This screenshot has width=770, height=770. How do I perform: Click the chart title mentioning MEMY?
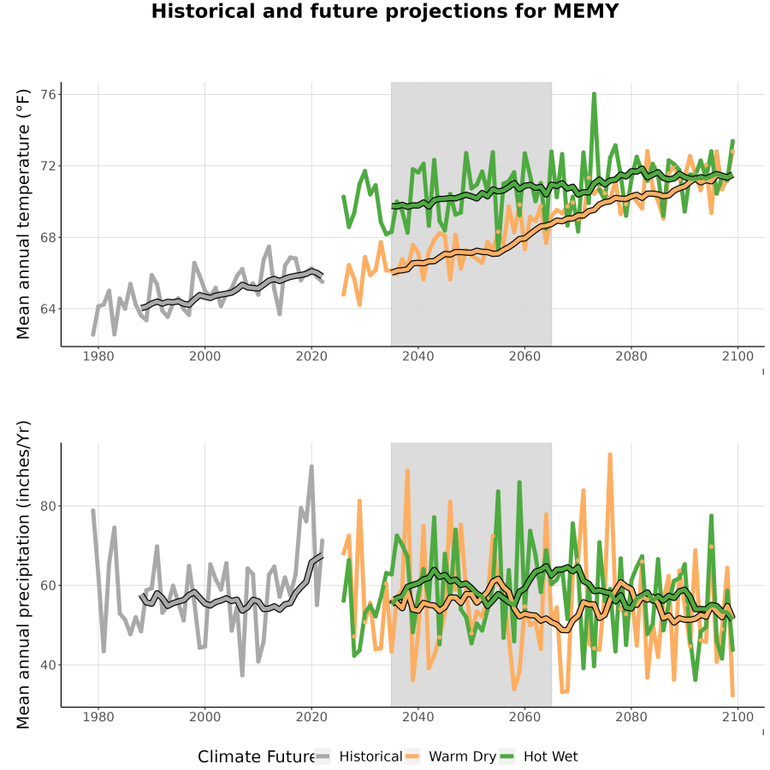tap(385, 11)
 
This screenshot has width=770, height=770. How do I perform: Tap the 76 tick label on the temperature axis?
tap(48, 94)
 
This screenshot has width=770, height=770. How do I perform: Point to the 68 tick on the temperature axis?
tap(48, 238)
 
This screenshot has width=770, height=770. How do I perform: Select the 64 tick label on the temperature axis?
tap(48, 309)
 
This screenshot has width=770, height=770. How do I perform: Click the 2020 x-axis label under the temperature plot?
tap(311, 356)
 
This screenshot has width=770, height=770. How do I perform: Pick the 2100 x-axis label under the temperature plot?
tap(737, 356)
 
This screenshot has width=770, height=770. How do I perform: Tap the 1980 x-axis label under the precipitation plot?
tap(98, 717)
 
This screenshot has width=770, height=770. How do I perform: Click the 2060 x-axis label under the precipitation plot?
tap(524, 717)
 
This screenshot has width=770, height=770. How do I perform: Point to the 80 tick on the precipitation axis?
tap(48, 506)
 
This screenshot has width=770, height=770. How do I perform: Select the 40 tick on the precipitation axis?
tap(48, 665)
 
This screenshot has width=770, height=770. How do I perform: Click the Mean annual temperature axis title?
tap(23, 214)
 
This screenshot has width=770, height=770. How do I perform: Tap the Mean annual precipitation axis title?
tap(23, 575)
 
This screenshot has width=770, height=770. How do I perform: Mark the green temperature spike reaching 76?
tap(595, 94)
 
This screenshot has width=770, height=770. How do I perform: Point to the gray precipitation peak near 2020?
tap(311, 466)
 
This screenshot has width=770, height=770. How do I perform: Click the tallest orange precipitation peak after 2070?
tap(610, 455)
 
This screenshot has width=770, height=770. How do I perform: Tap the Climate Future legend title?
tap(257, 757)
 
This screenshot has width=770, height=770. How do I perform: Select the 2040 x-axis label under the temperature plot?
tap(418, 356)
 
